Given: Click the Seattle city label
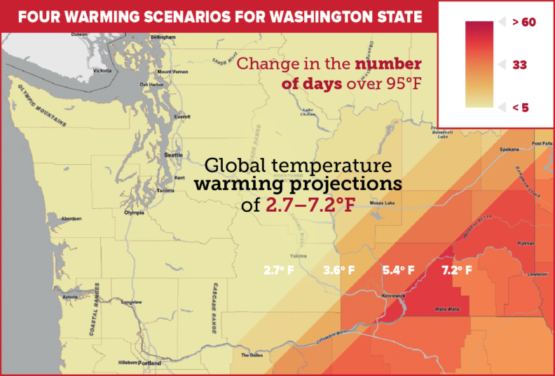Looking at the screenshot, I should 172,155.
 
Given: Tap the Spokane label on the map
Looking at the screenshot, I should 509,150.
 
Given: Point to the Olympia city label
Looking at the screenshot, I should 133,213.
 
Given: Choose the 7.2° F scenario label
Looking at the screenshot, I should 456,269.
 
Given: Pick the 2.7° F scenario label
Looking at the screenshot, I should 280,269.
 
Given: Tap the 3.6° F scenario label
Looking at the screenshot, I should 338,269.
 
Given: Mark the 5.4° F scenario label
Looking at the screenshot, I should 398,269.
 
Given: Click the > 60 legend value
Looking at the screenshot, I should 523,22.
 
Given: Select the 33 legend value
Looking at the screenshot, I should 519,65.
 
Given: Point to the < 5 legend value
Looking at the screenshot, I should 520,107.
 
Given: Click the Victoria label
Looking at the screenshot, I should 102,71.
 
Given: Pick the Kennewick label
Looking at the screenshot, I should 393,295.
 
